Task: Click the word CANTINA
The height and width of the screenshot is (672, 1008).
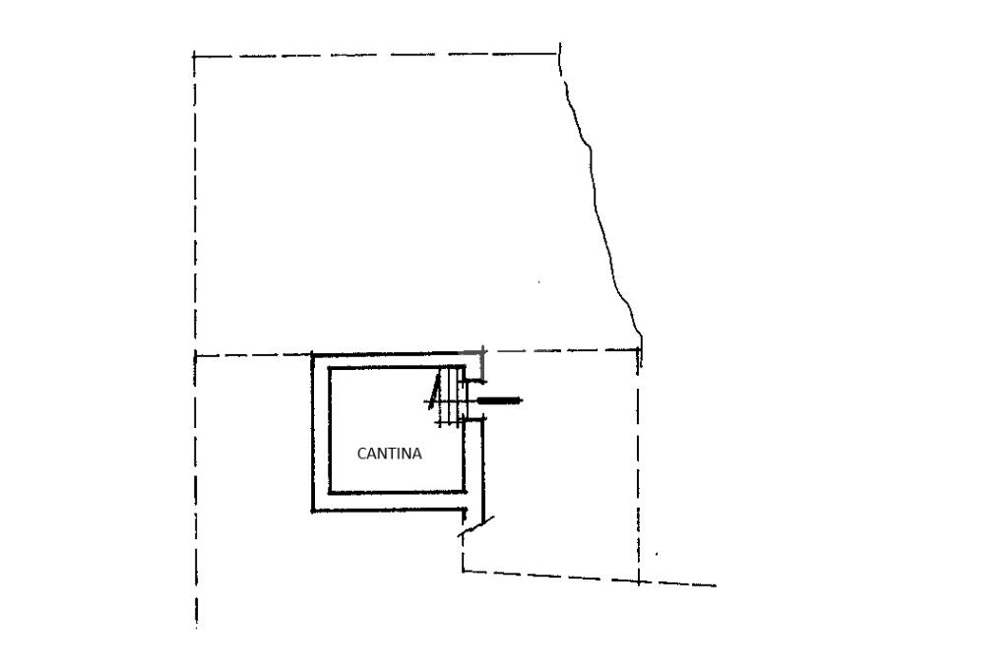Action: click(389, 455)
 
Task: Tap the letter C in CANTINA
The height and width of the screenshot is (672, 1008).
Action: click(361, 455)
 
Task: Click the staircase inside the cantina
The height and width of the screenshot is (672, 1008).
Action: click(450, 397)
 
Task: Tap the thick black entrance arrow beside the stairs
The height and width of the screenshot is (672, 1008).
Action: click(499, 400)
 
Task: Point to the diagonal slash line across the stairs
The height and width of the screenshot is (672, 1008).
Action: click(433, 392)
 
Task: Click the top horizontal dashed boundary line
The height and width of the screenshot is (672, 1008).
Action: click(374, 55)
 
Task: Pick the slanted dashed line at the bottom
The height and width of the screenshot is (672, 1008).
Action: click(591, 578)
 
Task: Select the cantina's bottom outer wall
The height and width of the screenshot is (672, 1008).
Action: click(389, 509)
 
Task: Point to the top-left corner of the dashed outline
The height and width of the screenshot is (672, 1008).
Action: click(195, 56)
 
